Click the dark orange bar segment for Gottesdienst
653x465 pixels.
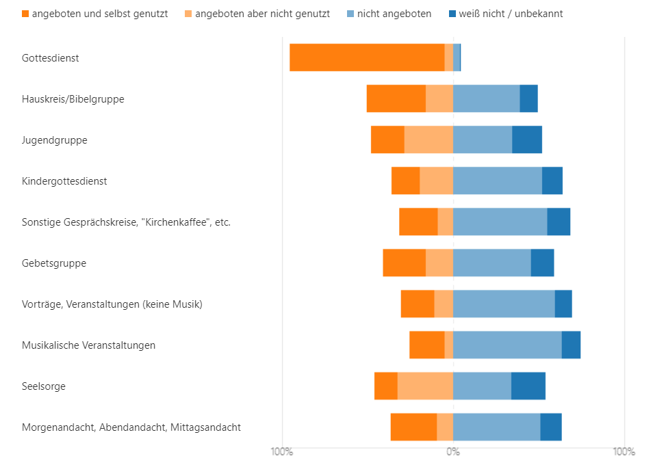pyautogui.click(x=367, y=57)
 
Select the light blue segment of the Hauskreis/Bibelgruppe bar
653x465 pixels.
pyautogui.click(x=486, y=98)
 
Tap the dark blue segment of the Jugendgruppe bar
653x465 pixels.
pyautogui.click(x=527, y=139)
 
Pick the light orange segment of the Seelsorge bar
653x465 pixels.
pyautogui.click(x=425, y=386)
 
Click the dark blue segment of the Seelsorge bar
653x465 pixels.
pyautogui.click(x=528, y=386)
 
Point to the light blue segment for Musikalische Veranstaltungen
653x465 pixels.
pyautogui.click(x=507, y=345)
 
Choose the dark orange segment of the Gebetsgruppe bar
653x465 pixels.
pyautogui.click(x=404, y=263)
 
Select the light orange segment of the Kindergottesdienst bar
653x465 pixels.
pyautogui.click(x=436, y=181)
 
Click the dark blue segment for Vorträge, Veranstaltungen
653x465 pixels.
pyautogui.click(x=563, y=304)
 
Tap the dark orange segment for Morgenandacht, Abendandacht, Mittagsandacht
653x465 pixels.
pyautogui.click(x=413, y=427)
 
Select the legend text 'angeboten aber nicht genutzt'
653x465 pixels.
pyautogui.click(x=262, y=14)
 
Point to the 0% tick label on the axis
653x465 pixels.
pyautogui.click(x=453, y=452)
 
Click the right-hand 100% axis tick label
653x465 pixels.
pyautogui.click(x=624, y=452)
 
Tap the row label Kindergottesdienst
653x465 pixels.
pyautogui.click(x=64, y=181)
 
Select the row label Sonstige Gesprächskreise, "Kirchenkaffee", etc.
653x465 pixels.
pyautogui.click(x=126, y=222)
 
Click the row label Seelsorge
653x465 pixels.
pyautogui.click(x=44, y=386)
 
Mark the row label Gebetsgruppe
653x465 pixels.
pyautogui.click(x=54, y=263)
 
